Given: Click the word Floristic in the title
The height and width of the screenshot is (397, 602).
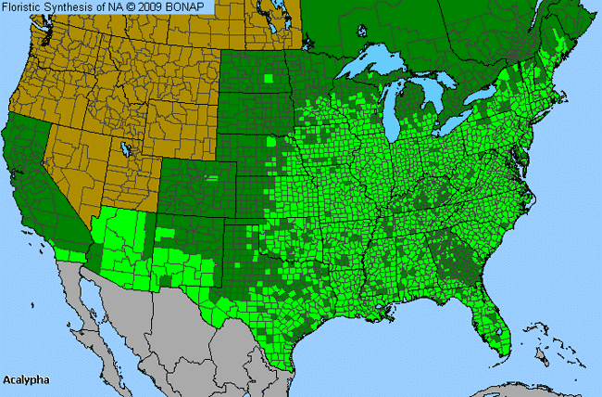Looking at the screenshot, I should click(x=26, y=7).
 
